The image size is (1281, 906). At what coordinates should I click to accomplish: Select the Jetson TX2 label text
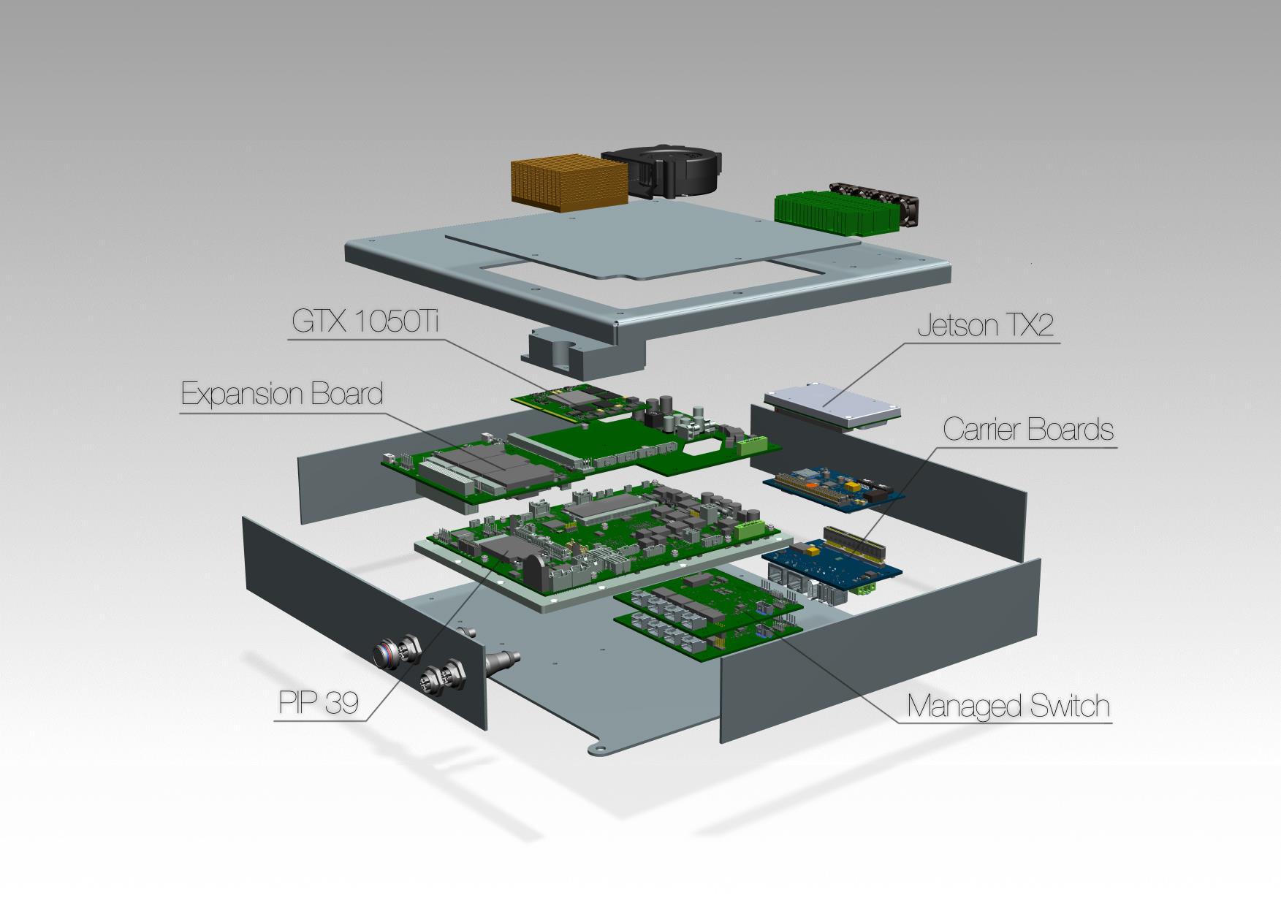[x=986, y=326]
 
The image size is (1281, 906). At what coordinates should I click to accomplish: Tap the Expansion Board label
[x=282, y=394]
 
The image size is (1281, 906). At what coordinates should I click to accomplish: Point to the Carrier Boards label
[x=1028, y=429]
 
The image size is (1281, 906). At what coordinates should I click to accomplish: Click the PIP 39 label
[x=319, y=703]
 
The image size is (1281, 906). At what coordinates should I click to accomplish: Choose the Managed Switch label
[x=1008, y=706]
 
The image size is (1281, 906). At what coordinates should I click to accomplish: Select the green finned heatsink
[x=836, y=212]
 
